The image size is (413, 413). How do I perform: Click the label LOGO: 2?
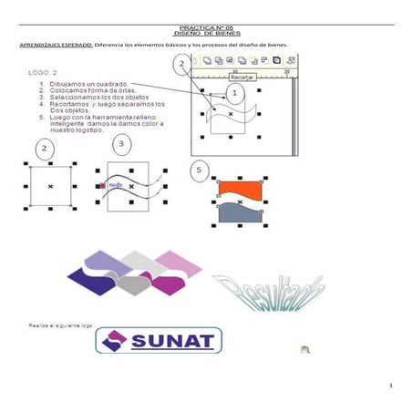coord(44,71)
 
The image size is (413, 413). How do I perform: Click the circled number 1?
coord(236,93)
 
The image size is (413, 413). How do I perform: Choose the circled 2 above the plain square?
coord(42,148)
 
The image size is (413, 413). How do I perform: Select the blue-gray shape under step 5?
coord(241,213)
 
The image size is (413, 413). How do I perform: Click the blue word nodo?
coord(116,185)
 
